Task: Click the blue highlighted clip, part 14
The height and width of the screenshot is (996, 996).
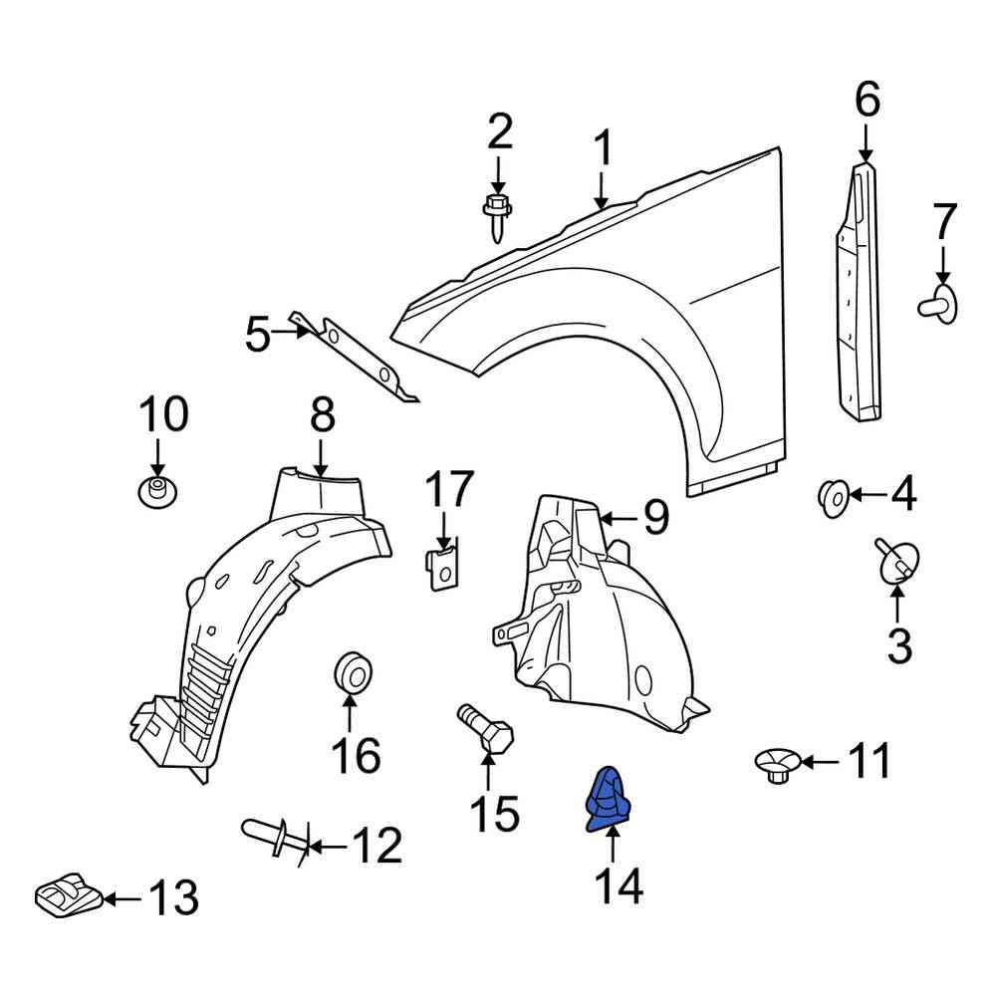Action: coord(608,799)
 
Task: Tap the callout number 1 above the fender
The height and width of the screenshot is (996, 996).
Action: coord(603,149)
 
